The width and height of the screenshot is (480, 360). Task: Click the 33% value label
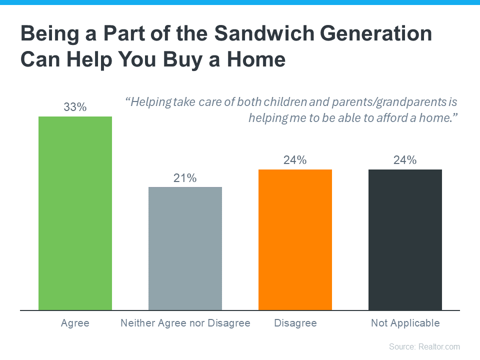click(x=75, y=107)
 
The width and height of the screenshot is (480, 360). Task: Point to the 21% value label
click(x=185, y=178)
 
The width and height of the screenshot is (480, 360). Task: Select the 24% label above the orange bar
click(x=295, y=160)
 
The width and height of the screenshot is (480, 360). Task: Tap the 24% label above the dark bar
click(x=405, y=160)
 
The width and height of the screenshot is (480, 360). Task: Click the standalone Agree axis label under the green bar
click(x=75, y=323)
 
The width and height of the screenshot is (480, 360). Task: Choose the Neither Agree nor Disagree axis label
click(x=185, y=323)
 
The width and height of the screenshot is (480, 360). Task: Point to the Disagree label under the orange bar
click(x=295, y=323)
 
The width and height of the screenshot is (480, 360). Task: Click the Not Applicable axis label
click(x=405, y=323)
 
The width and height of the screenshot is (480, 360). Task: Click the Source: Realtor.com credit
click(x=424, y=346)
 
